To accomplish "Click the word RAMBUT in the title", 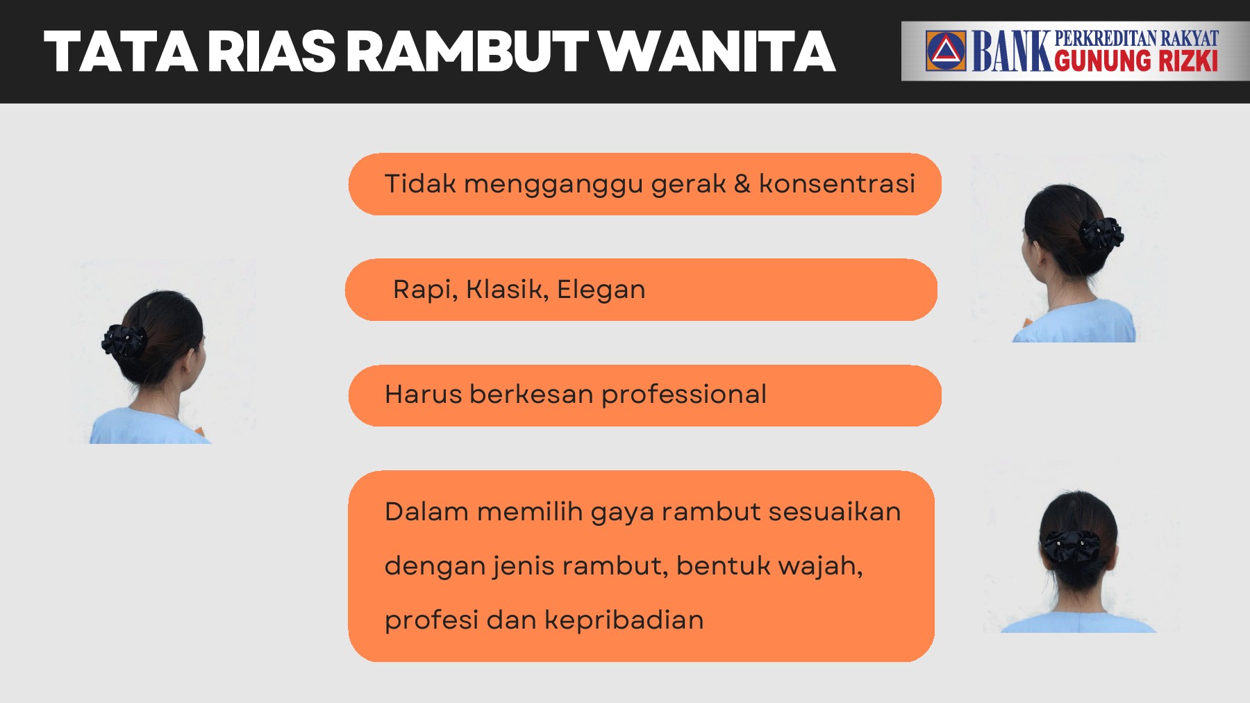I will coord(467,52).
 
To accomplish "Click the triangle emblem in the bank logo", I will coord(945,51).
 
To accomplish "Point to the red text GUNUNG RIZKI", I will coord(1135,62).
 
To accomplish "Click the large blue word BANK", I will coord(1011,51).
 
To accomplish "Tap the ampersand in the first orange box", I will coord(742,184).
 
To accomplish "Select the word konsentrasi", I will coord(837,184).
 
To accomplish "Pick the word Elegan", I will coord(601,290).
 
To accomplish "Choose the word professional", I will coord(683,395).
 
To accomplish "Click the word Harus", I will coord(424,395).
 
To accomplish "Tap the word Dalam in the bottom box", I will coord(426,512).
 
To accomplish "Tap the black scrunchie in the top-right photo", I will coord(1101,233).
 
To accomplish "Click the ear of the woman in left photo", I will coord(190,361).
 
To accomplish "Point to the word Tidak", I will coord(420,184).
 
